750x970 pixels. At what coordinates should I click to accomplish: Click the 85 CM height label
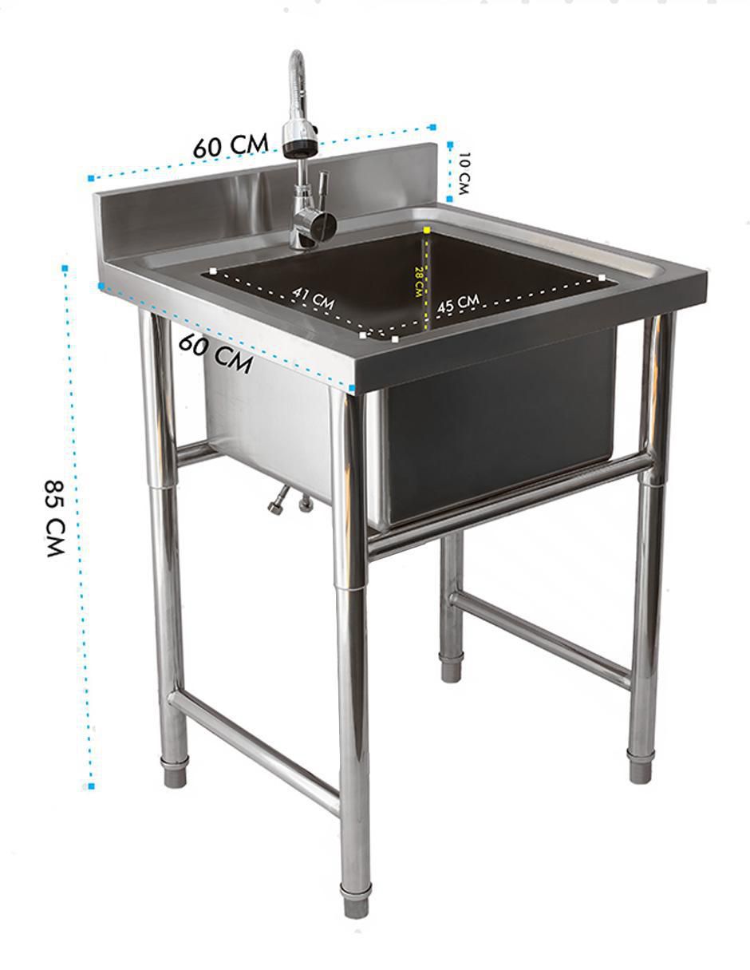click(56, 518)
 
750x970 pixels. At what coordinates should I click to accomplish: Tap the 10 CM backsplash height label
click(464, 173)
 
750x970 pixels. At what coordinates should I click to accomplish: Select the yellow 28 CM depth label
click(418, 282)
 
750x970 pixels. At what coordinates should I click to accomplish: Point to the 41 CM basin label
click(313, 299)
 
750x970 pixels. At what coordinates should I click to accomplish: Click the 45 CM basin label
click(458, 303)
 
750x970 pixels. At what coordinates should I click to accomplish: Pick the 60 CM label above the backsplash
click(231, 145)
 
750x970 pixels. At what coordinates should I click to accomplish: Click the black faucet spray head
click(301, 147)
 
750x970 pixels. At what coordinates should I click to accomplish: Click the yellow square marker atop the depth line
click(427, 231)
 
